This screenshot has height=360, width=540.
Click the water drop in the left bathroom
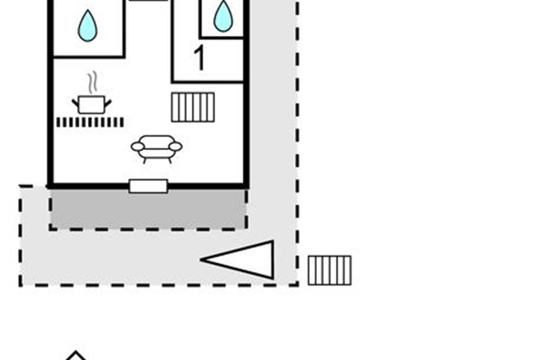(x=87, y=26)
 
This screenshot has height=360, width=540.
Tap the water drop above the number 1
(x=223, y=17)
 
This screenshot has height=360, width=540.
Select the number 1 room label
(x=199, y=59)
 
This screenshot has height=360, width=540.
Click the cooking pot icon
(x=91, y=104)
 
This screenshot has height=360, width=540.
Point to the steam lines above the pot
(x=92, y=84)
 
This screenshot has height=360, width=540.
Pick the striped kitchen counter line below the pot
(x=90, y=122)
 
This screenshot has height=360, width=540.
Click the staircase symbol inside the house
(x=193, y=107)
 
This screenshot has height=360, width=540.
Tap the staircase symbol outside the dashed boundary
(x=329, y=270)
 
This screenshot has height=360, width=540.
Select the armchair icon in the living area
(x=156, y=148)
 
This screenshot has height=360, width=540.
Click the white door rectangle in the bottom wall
(x=148, y=186)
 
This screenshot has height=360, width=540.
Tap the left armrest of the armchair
(x=137, y=147)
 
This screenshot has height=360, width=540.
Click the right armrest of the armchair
(x=175, y=147)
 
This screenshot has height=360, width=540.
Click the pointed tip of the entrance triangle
(x=202, y=260)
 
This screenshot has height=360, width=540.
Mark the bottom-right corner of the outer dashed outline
(x=297, y=284)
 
